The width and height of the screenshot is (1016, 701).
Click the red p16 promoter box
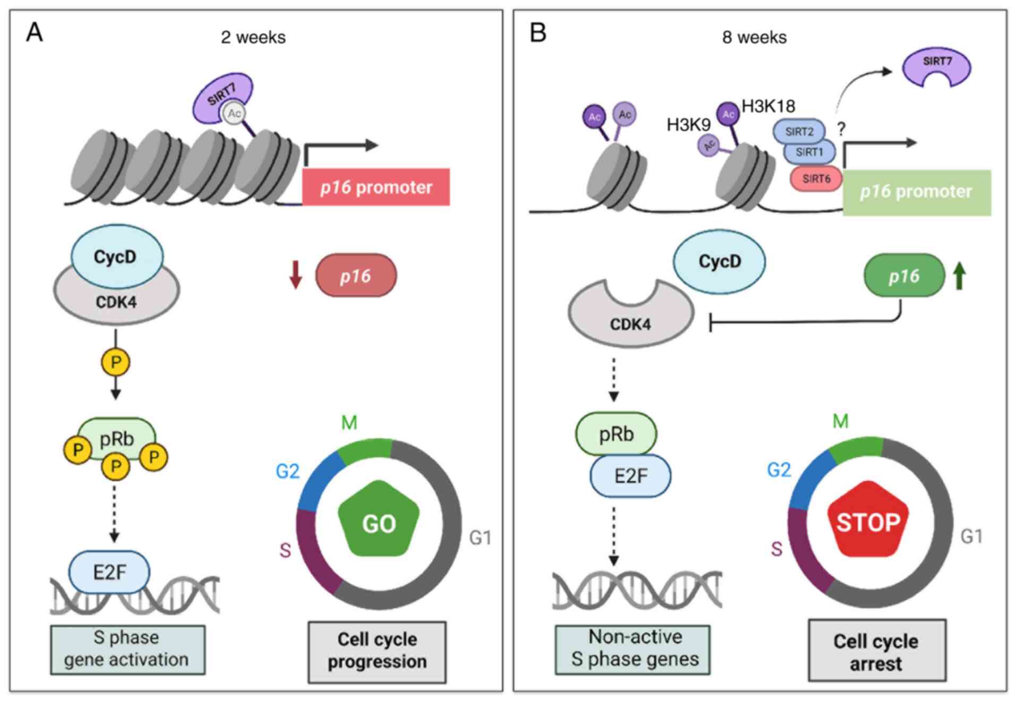point(375,187)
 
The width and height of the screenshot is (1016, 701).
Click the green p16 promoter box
point(916,192)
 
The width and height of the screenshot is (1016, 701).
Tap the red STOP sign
point(868,520)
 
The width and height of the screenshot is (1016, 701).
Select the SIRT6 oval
point(816,178)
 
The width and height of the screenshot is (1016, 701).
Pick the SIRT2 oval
point(799,131)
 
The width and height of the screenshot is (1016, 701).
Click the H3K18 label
point(768,106)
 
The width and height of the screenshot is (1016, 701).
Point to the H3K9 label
point(688,125)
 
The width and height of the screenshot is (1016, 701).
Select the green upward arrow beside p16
point(959,276)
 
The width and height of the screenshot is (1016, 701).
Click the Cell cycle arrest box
point(876,651)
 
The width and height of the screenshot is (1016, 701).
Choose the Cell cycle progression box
point(377,651)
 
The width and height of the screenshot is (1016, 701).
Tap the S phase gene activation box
point(127,649)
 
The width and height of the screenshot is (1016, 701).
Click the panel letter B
point(537,33)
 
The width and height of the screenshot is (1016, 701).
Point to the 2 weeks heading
point(253,37)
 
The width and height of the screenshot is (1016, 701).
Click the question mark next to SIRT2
point(841,129)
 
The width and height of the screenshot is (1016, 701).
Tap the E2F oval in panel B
point(630,476)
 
